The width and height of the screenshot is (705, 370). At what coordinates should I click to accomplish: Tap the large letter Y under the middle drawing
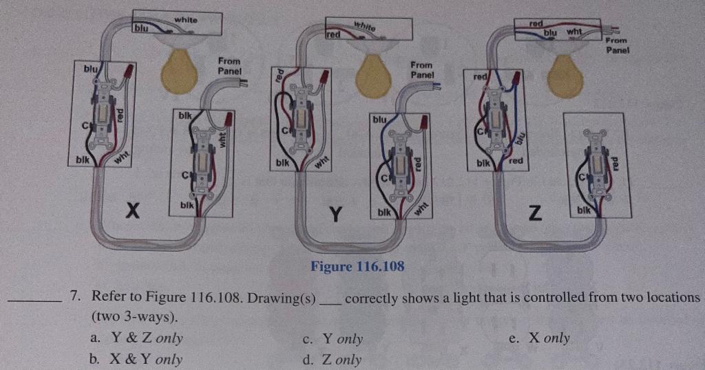coord(335,215)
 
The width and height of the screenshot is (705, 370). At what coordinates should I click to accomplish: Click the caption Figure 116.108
coord(357,266)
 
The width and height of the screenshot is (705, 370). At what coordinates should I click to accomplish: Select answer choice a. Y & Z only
coord(136,338)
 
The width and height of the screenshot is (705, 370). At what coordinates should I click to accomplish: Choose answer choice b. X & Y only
coord(136,359)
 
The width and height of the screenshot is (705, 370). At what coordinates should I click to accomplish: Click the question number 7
coord(77,298)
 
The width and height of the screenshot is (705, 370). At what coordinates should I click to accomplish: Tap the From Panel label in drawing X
coord(229,66)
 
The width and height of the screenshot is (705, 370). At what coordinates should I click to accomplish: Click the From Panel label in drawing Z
coord(618,45)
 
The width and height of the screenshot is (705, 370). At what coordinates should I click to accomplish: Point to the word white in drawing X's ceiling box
coord(185,20)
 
